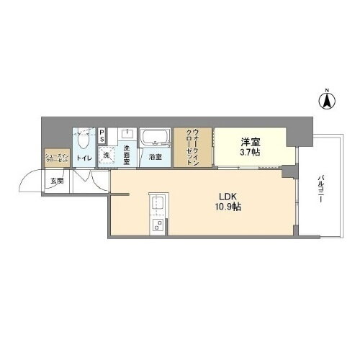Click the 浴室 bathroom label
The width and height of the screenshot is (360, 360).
[155, 157]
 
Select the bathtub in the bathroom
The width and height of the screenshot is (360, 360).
[154, 137]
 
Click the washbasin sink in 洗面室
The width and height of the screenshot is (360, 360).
[127, 134]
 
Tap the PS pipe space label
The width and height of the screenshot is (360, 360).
[102, 136]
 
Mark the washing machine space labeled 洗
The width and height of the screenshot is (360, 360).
[104, 155]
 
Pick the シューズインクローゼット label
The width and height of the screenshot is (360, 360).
[56, 157]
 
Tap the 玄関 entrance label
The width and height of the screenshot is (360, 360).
[56, 181]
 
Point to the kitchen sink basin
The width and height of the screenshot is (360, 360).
[156, 204]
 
